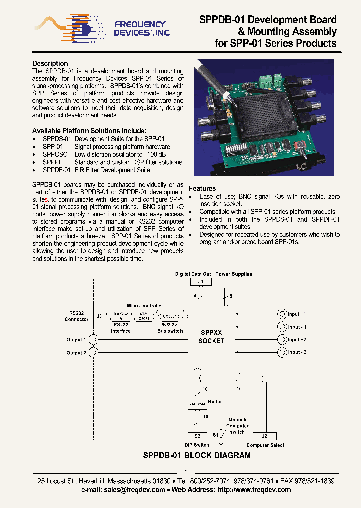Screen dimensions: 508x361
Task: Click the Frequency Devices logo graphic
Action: pos(65,27)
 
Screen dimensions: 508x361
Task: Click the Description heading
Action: pos(50,63)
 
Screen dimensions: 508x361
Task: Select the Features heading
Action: pos(202,188)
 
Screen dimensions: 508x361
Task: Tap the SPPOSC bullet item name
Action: pos(55,154)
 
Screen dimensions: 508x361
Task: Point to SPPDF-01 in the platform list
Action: pos(57,170)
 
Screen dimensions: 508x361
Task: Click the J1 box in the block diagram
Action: pos(201,282)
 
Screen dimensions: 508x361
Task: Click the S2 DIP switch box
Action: pos(197,436)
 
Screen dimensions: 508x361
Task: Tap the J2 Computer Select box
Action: pos(265,436)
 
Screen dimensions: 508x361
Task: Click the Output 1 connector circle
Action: pos(93,340)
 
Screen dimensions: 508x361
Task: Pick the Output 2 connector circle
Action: pos(93,352)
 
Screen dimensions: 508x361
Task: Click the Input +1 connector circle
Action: pos(282,314)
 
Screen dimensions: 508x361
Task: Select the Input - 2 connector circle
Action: pos(282,352)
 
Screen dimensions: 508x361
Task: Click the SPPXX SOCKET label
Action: pos(211,337)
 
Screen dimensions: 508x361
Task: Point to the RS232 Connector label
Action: pos(76,316)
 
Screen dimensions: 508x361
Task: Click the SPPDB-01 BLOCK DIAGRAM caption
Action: pos(197,456)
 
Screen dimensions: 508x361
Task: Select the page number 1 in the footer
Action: pos(186,472)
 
